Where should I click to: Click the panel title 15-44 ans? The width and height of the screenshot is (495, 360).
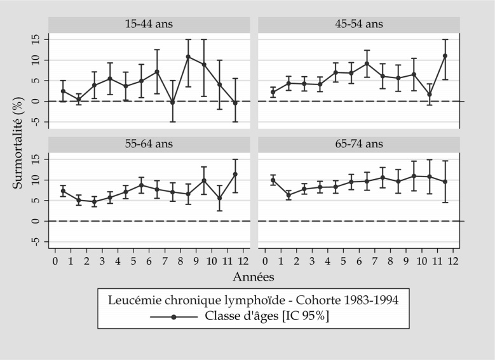click(149, 24)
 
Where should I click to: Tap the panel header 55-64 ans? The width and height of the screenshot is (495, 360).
click(149, 144)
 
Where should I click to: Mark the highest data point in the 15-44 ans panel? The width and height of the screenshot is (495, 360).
click(188, 57)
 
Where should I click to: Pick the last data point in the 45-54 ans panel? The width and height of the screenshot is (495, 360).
click(445, 56)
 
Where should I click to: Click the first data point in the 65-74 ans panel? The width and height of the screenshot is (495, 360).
click(273, 180)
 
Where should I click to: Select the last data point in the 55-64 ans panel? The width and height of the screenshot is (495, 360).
click(236, 174)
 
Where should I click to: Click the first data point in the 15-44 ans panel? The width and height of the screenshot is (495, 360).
click(63, 91)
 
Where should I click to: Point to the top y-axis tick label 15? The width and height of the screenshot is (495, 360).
click(36, 39)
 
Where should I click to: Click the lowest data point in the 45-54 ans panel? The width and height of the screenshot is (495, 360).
click(430, 95)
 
